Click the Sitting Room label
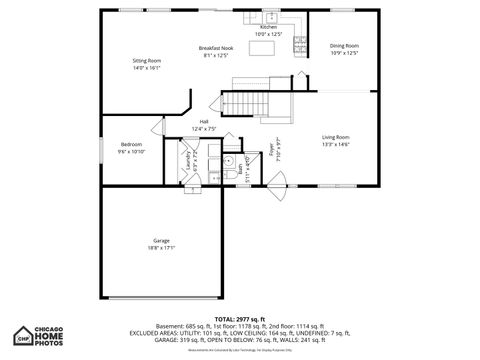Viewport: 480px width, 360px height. coord(147,61)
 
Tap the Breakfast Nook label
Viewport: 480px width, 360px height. coord(215,48)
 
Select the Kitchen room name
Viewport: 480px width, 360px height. coord(268,27)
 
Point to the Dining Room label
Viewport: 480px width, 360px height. coord(344,46)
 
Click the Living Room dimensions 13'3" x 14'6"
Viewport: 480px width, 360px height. coord(335,144)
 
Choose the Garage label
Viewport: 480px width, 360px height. coord(161,241)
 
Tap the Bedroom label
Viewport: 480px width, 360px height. coord(131,144)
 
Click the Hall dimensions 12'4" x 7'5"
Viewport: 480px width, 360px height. coord(203,128)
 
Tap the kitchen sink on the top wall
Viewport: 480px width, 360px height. coord(271,16)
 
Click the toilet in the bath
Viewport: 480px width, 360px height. coord(229,160)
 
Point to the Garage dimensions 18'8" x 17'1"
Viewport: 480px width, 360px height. coord(161,248)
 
